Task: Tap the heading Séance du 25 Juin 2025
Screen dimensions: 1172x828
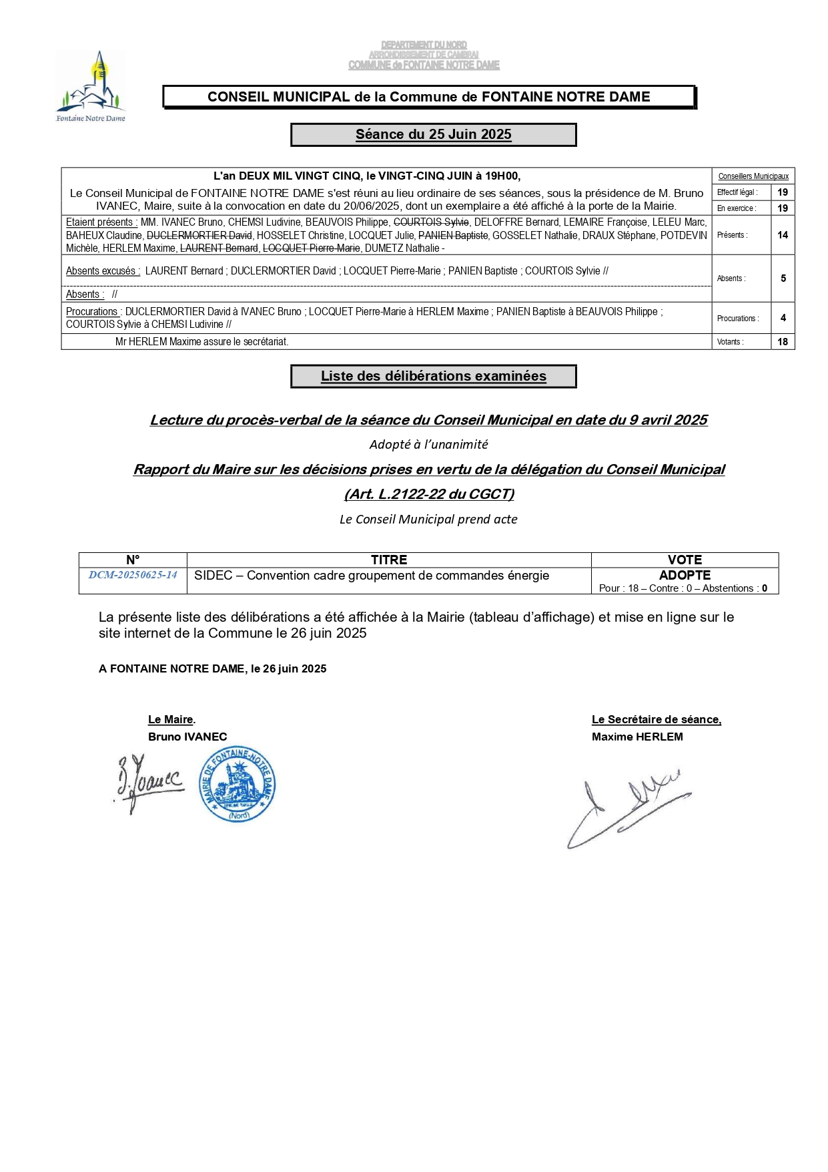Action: [x=433, y=134]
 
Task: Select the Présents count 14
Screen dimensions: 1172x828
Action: [x=783, y=235]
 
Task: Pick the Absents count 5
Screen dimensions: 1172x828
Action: [x=783, y=278]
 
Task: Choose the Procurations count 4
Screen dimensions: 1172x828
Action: [x=783, y=319]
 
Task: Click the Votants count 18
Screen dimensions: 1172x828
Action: [x=783, y=342]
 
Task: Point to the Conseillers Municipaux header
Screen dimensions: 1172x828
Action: [x=753, y=176]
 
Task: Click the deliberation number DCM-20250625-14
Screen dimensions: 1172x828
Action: [x=133, y=575]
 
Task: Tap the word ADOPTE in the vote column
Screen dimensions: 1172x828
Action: [x=685, y=575]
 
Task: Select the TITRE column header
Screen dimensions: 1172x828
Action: [x=389, y=560]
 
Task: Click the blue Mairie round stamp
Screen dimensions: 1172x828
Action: [x=238, y=784]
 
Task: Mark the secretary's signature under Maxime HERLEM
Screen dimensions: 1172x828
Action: [x=627, y=808]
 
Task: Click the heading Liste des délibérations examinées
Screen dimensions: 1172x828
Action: [x=433, y=376]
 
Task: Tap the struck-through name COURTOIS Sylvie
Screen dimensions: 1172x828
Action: [x=431, y=222]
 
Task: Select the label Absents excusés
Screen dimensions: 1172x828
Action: [x=103, y=271]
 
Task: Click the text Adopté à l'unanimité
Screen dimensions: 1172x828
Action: [x=428, y=445]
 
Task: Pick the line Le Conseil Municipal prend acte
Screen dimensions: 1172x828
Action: [x=428, y=520]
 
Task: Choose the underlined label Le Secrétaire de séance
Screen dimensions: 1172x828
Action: [x=656, y=719]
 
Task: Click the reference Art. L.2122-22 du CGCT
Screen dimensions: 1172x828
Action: [x=429, y=494]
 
